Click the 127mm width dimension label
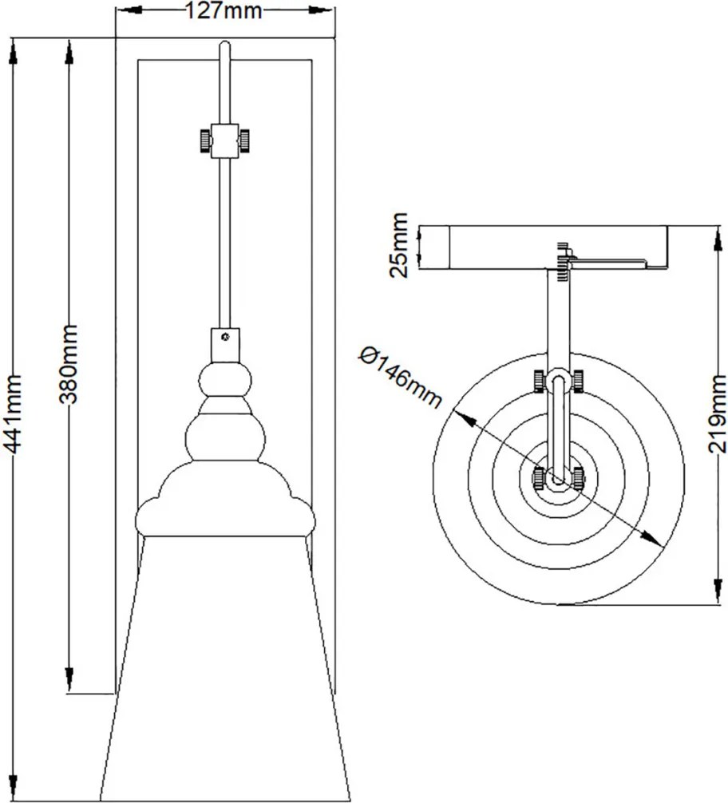pyautogui.click(x=223, y=10)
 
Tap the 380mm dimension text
pyautogui.click(x=67, y=363)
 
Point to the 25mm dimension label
pyautogui.click(x=398, y=245)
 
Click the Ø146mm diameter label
pyautogui.click(x=400, y=377)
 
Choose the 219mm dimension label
pyautogui.click(x=717, y=413)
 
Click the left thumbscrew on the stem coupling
pyautogui.click(x=205, y=140)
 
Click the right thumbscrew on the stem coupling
pyautogui.click(x=244, y=140)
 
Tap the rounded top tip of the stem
pyautogui.click(x=225, y=45)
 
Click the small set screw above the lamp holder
pyautogui.click(x=225, y=337)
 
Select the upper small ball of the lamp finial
pyautogui.click(x=225, y=380)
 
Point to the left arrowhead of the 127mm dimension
pyautogui.click(x=129, y=10)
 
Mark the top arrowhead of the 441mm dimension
pyautogui.click(x=14, y=53)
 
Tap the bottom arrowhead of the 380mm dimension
pyautogui.click(x=69, y=679)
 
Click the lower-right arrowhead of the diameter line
pyautogui.click(x=651, y=538)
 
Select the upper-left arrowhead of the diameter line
pyautogui.click(x=464, y=418)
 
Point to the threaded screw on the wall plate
pyautogui.click(x=563, y=261)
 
